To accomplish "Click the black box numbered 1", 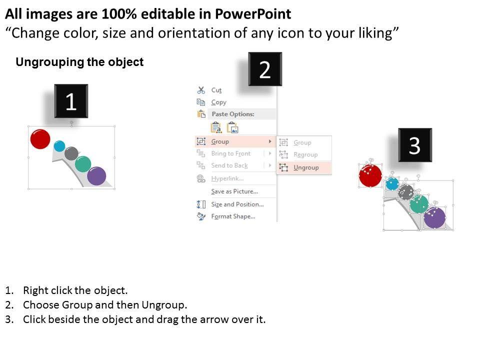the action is pyautogui.click(x=71, y=101).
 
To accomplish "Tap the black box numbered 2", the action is pyautogui.click(x=265, y=69).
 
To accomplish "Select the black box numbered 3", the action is pyautogui.click(x=414, y=145).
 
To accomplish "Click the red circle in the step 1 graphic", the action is pyautogui.click(x=40, y=138).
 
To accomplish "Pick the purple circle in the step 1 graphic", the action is pyautogui.click(x=96, y=176).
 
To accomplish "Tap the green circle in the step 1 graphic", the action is pyautogui.click(x=83, y=163).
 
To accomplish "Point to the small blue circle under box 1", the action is pyautogui.click(x=59, y=146).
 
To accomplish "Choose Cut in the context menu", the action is pyautogui.click(x=216, y=90).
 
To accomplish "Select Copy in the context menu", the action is pyautogui.click(x=218, y=102).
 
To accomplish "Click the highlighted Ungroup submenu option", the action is pyautogui.click(x=305, y=167).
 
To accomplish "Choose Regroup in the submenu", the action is pyautogui.click(x=305, y=154).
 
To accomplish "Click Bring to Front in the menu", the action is pyautogui.click(x=230, y=153).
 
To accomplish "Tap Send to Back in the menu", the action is pyautogui.click(x=229, y=165).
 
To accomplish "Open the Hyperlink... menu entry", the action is pyautogui.click(x=227, y=178).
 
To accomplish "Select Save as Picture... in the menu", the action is pyautogui.click(x=234, y=191).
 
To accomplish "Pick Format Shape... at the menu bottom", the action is pyautogui.click(x=233, y=216).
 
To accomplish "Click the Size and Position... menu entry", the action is pyautogui.click(x=237, y=204).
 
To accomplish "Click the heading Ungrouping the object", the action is pyautogui.click(x=79, y=62).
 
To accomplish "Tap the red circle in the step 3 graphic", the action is pyautogui.click(x=370, y=176).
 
